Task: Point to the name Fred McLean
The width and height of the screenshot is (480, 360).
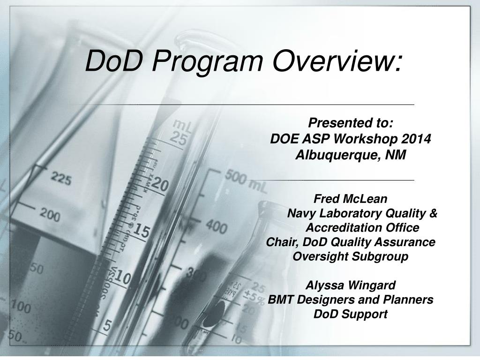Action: click(350, 199)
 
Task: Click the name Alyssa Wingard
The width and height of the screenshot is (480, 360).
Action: click(350, 285)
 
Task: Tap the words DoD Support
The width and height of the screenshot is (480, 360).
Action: click(350, 314)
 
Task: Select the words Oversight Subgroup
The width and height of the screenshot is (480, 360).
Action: click(350, 257)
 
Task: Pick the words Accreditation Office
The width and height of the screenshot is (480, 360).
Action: click(362, 228)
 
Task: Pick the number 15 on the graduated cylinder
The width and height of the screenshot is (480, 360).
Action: click(140, 231)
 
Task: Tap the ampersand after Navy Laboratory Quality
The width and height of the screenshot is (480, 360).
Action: click(433, 213)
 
